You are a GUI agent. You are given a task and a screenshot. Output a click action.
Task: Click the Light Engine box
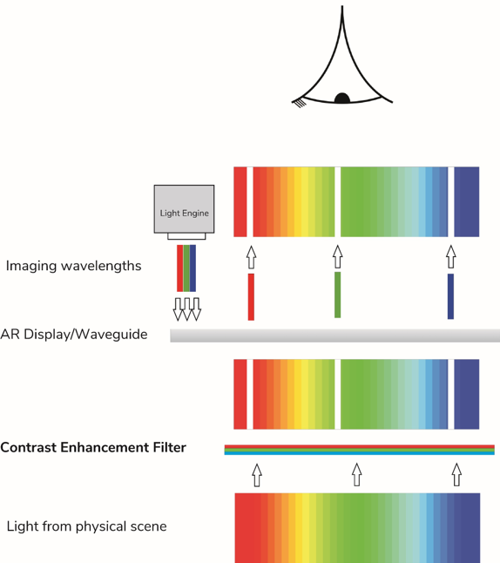click(x=184, y=209)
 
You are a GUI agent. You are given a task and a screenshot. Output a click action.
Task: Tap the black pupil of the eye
click(x=342, y=98)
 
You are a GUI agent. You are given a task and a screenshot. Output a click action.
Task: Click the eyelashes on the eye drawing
click(x=300, y=104)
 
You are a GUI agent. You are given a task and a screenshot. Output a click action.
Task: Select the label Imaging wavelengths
click(x=73, y=266)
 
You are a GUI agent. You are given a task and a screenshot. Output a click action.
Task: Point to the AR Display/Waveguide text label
click(x=74, y=335)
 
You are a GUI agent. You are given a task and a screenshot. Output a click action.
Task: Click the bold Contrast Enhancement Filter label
click(x=93, y=447)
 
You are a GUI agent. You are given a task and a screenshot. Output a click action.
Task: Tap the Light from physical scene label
click(x=86, y=526)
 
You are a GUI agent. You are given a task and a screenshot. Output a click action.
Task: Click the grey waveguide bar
click(x=334, y=336)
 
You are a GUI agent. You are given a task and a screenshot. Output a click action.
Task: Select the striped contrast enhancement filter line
click(x=359, y=450)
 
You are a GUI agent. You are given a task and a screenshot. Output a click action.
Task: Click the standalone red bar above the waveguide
click(x=251, y=297)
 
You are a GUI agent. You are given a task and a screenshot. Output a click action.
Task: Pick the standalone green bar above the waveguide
click(x=337, y=295)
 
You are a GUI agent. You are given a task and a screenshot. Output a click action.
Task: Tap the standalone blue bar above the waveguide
click(x=450, y=296)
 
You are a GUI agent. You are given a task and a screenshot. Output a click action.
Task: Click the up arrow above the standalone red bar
click(x=251, y=257)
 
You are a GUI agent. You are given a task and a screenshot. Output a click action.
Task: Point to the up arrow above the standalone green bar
click(x=337, y=256)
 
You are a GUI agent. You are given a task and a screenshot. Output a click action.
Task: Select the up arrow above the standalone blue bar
click(x=451, y=257)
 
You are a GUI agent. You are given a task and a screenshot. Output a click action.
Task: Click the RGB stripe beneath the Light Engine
click(x=186, y=268)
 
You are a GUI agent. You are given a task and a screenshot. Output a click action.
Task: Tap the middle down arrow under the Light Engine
click(x=187, y=309)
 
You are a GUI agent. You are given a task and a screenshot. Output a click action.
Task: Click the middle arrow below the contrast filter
click(x=356, y=475)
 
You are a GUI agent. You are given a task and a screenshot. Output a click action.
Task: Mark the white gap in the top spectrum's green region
click(x=337, y=202)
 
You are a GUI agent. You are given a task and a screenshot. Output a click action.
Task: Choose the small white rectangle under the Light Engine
click(x=186, y=236)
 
